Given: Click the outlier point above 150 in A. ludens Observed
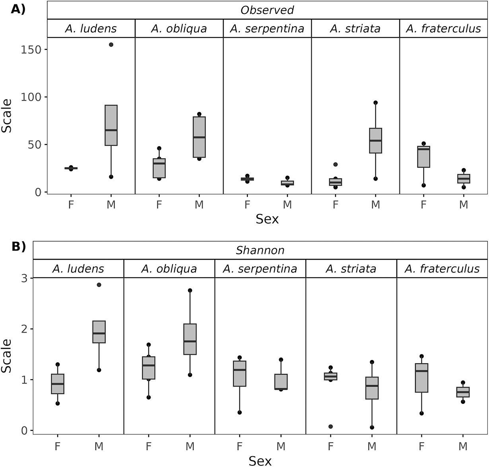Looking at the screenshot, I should pos(111,45).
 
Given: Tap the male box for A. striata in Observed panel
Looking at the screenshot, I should pos(375,140).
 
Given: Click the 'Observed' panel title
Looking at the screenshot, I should pos(267,10).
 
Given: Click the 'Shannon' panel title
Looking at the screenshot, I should pos(260,250).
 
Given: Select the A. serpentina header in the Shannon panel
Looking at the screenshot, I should pos(260,269).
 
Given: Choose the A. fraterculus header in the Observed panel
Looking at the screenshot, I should pos(443,29).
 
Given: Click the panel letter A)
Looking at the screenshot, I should pos(18,9).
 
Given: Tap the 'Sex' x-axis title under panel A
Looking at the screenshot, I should pos(267,219).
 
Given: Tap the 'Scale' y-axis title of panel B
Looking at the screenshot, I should pos(7,355).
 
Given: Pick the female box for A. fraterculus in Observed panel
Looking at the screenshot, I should pos(424,157).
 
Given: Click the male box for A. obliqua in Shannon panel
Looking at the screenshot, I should pos(190,339).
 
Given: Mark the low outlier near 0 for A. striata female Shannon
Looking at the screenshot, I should pos(330,426).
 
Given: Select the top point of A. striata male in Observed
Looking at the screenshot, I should pos(375,103).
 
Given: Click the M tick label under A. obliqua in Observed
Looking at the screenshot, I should pos(199,205).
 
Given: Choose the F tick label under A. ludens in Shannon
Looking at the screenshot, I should pos(58,446).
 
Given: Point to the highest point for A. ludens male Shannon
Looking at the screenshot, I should pos(99,285).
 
